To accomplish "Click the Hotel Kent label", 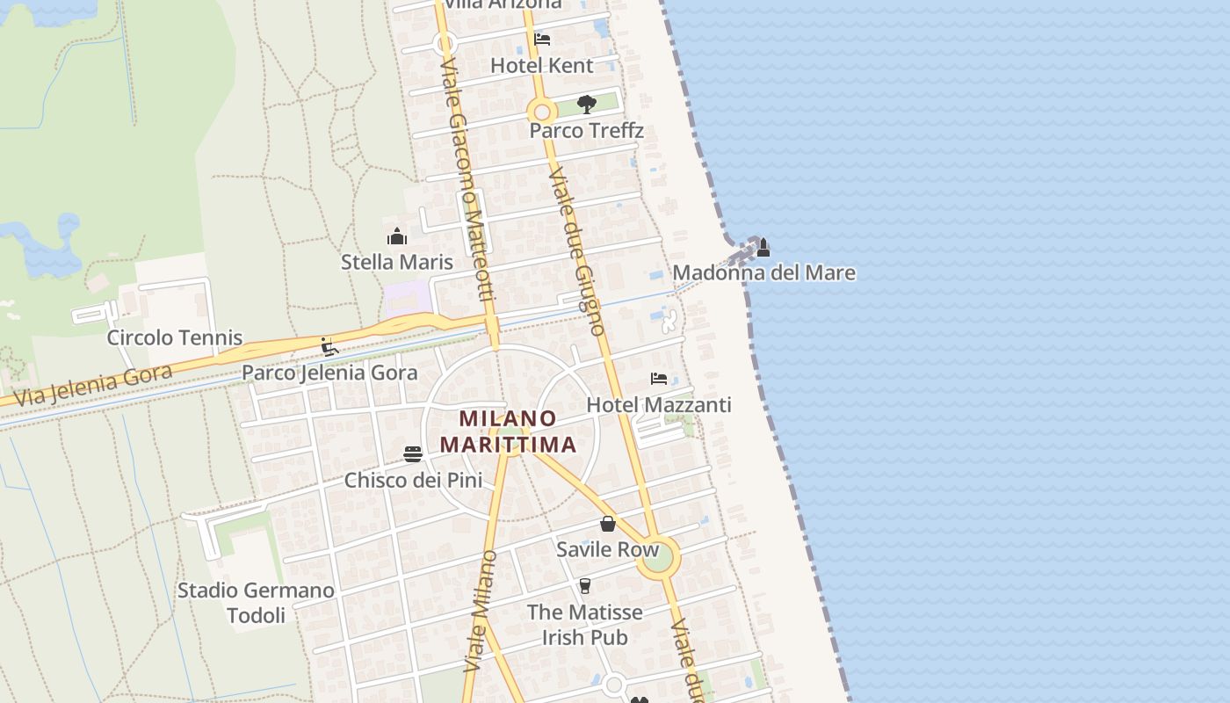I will [541, 65].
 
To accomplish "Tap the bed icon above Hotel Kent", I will [542, 40].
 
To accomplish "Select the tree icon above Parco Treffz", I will [587, 105].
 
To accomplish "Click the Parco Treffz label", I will [586, 131].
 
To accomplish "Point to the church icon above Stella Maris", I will [397, 236].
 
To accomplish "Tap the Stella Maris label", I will [397, 262].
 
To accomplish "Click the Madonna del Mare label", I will [763, 272].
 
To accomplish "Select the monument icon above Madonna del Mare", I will [763, 248].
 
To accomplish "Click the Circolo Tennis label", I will [175, 337].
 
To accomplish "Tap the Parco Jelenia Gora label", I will [329, 373].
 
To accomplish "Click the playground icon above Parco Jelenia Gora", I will [329, 347].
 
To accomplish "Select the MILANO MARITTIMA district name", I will [509, 431].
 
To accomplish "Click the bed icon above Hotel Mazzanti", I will [658, 379].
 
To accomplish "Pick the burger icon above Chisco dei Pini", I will [413, 454].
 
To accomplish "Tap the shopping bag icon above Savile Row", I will [607, 525].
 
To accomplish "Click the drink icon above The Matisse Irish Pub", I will [585, 586].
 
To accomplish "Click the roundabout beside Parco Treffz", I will [542, 112].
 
